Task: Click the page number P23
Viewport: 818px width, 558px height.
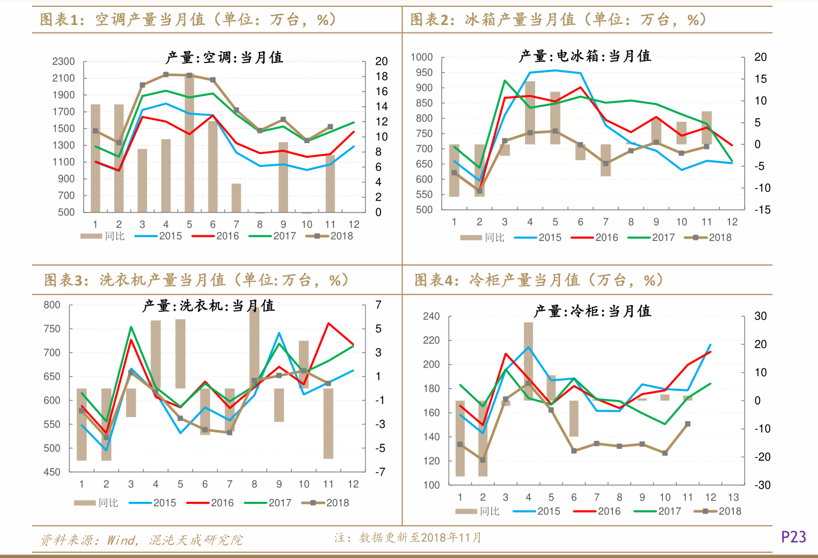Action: [x=793, y=537]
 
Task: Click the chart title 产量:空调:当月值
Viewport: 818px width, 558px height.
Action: [x=224, y=57]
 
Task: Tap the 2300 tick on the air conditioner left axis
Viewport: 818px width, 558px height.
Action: [x=64, y=61]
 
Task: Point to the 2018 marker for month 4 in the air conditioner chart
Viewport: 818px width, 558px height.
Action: [x=166, y=74]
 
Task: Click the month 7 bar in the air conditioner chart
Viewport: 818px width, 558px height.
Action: [x=236, y=198]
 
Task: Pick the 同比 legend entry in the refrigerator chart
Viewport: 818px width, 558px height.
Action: [x=482, y=238]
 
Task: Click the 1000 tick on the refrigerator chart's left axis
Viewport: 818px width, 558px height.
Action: [x=421, y=57]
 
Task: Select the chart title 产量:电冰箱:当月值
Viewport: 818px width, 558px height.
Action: [x=585, y=56]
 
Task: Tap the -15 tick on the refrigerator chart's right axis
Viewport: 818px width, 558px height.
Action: [x=762, y=210]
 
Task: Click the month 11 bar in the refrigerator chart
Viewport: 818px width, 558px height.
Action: [x=707, y=128]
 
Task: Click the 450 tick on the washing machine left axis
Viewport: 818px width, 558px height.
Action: [x=52, y=472]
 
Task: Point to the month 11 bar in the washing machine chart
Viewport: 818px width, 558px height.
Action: [x=328, y=423]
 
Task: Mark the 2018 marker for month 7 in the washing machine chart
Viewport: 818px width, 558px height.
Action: [x=229, y=432]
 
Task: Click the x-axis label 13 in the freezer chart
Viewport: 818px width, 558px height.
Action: [x=733, y=497]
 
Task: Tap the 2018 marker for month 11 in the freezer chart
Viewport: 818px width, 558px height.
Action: [x=688, y=424]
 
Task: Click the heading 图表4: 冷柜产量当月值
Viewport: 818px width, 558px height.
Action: [x=538, y=280]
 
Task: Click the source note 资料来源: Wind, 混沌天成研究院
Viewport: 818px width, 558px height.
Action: [x=141, y=540]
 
